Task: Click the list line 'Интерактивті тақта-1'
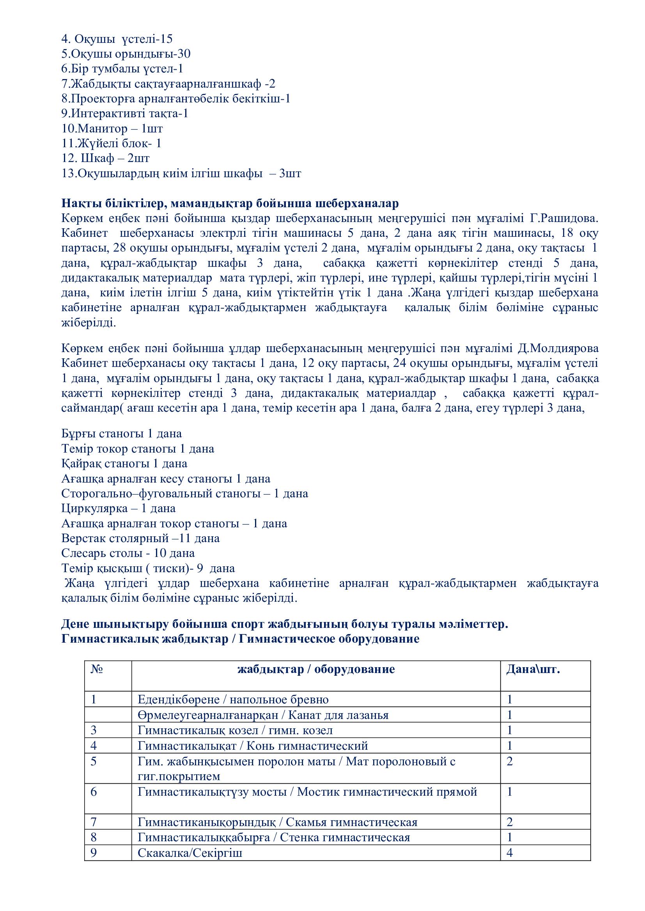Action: click(x=125, y=113)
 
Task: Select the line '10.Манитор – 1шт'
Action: click(x=112, y=129)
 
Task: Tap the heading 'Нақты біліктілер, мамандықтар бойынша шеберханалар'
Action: click(x=230, y=204)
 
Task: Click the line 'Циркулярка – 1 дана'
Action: click(x=119, y=508)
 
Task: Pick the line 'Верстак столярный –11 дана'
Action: click(x=140, y=538)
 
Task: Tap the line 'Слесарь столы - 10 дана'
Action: click(x=128, y=553)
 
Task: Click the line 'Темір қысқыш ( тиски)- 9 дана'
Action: click(x=148, y=568)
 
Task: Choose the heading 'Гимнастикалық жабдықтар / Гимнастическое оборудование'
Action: click(x=240, y=639)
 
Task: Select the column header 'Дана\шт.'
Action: click(x=533, y=670)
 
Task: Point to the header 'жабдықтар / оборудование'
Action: click(x=316, y=670)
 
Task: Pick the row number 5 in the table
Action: click(x=94, y=761)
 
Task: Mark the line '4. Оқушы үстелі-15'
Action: click(x=117, y=39)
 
